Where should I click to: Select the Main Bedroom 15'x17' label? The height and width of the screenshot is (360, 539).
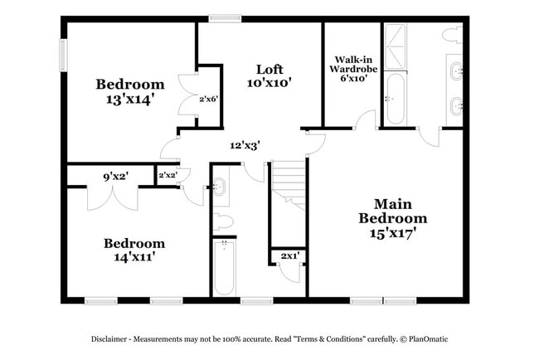[x=392, y=218]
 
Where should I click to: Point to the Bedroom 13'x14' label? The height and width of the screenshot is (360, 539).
[x=129, y=91]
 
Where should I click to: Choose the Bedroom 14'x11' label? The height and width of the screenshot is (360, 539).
[x=134, y=250]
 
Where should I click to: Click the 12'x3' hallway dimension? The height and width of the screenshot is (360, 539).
[x=245, y=145]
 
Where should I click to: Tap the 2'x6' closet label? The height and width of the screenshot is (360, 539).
[x=208, y=99]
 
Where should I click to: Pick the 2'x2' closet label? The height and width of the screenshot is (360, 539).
[x=167, y=175]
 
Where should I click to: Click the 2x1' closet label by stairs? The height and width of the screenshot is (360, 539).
[x=289, y=256]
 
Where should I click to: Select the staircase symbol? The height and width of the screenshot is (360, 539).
[x=289, y=184]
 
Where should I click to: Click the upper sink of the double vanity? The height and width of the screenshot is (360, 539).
[x=454, y=71]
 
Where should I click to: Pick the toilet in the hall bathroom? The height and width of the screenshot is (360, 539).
[x=222, y=222]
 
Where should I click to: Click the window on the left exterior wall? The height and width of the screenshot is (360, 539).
[x=62, y=56]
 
